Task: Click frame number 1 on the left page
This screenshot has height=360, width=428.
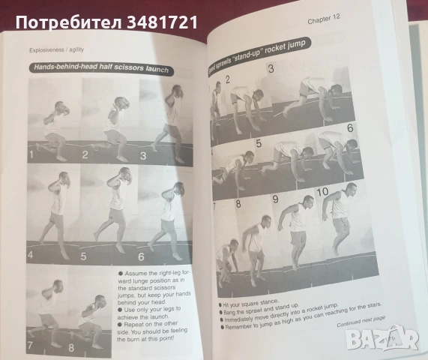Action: [x=32, y=155]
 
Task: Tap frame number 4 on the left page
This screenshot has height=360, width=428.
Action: [x=31, y=255]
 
